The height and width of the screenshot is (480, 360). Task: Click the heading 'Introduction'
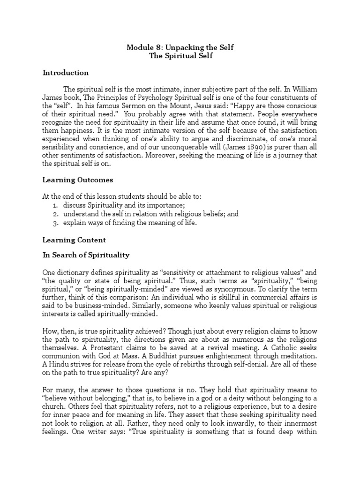click(x=65, y=73)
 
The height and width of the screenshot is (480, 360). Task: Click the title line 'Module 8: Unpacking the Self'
click(x=180, y=47)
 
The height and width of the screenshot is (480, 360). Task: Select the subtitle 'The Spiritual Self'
click(x=180, y=56)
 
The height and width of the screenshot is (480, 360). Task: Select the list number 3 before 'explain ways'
click(x=55, y=223)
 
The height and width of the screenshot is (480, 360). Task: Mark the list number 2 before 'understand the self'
click(x=55, y=214)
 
